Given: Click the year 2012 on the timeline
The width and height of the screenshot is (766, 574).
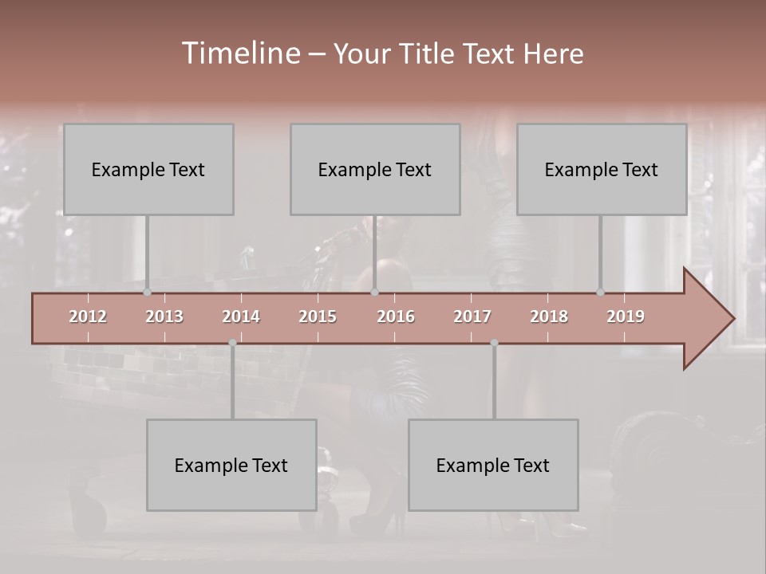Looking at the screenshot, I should tap(88, 316).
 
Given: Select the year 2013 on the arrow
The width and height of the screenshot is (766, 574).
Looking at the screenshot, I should tap(164, 316).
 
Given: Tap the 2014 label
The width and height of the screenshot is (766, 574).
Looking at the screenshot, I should tap(241, 316).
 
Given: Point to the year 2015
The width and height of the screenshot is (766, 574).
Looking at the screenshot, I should tap(318, 316).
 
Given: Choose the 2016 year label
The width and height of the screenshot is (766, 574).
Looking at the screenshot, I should tap(396, 316).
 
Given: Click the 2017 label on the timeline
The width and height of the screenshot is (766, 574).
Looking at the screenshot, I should tap(472, 316).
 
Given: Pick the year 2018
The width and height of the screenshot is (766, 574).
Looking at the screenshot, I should tap(549, 316).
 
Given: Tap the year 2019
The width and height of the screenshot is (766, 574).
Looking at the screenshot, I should tap(626, 316).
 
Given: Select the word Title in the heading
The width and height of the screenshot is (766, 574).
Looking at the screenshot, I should tap(428, 53).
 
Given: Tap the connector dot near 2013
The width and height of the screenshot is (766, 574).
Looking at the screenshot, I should tap(147, 293).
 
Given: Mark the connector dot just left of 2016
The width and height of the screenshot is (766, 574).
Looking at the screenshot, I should tap(375, 293).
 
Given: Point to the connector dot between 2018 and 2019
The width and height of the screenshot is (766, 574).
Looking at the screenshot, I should tap(601, 293).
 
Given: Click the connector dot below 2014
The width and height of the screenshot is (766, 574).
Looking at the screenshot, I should tap(232, 343).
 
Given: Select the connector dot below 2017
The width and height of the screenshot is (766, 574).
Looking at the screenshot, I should tap(494, 343).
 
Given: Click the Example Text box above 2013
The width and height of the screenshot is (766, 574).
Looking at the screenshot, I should tap(148, 169).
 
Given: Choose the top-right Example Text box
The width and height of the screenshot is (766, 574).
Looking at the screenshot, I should tap(602, 169).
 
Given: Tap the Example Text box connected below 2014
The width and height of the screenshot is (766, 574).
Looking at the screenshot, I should tap(231, 465).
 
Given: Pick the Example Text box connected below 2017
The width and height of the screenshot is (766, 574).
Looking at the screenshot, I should tap(493, 465).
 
